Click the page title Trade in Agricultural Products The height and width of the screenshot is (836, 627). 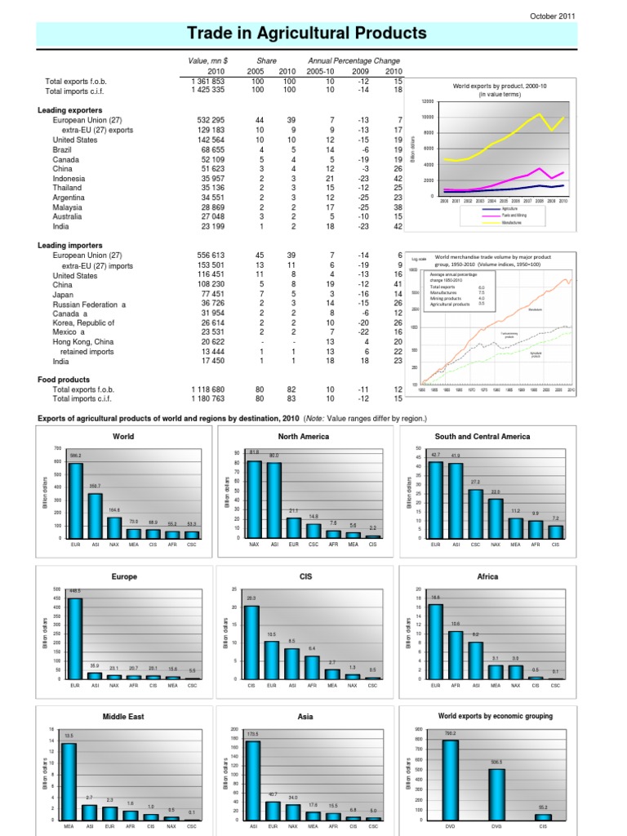[307, 33]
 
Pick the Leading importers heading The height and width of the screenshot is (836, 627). [69, 245]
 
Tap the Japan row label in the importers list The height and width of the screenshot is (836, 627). [64, 294]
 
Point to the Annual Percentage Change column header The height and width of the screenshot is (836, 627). [354, 60]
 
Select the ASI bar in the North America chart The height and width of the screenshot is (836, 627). [274, 500]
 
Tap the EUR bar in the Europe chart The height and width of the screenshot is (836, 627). [75, 638]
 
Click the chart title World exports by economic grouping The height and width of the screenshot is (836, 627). [495, 716]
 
